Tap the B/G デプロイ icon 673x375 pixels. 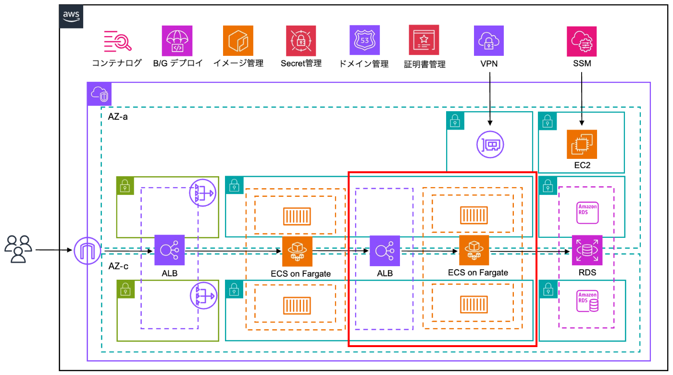coord(177,41)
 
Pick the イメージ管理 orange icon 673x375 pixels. coord(238,41)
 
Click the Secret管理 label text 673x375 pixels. coord(301,63)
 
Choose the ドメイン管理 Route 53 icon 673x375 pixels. coord(364,41)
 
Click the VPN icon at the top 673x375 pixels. coord(489,41)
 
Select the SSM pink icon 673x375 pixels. coord(582,41)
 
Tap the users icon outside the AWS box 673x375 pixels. coord(18,249)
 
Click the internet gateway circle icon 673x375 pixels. coord(87,250)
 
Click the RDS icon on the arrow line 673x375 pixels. coord(587,250)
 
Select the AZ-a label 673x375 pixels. coord(118,117)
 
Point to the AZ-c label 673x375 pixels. coord(118,266)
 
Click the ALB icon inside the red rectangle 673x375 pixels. coord(385,250)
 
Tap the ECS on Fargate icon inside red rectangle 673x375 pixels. coord(474,250)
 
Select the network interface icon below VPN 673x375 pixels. coord(490,144)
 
